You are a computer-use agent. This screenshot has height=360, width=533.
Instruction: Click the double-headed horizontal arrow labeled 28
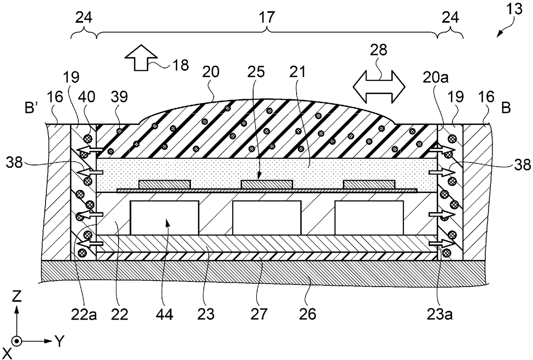coord(378,85)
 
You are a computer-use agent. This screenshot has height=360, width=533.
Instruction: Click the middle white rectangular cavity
coord(266,218)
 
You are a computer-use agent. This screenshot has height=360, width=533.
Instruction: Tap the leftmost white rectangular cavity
coord(165,218)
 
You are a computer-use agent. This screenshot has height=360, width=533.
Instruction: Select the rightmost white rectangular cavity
coord(369,218)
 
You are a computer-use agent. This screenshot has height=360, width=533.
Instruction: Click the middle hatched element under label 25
coord(266,184)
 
